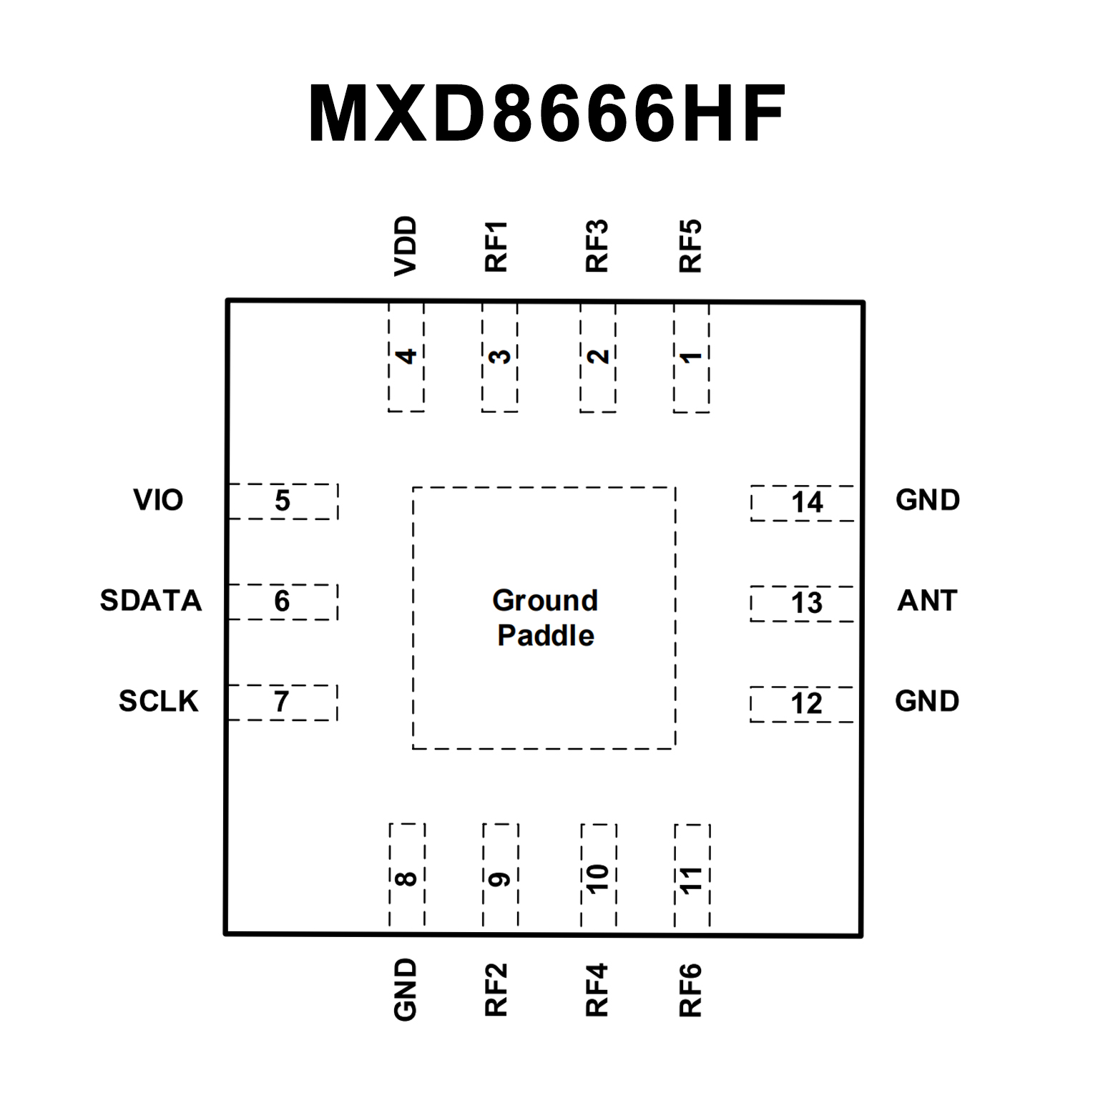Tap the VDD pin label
coord(406,246)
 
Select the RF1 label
coord(496,247)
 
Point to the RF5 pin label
coord(690,247)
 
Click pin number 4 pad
coord(406,356)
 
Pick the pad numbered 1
coord(691,357)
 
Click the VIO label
coord(158,500)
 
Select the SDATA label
coord(151,600)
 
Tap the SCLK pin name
coord(158,701)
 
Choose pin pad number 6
coord(283,602)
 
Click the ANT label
coord(927,600)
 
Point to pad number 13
coord(803,603)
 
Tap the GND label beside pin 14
coord(927,500)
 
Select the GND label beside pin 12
coord(926,701)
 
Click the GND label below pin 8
coord(406,990)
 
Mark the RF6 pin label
coord(690,991)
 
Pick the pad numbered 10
coord(598,877)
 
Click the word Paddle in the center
coord(545,635)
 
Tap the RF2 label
coord(496,991)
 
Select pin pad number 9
coord(500,877)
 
